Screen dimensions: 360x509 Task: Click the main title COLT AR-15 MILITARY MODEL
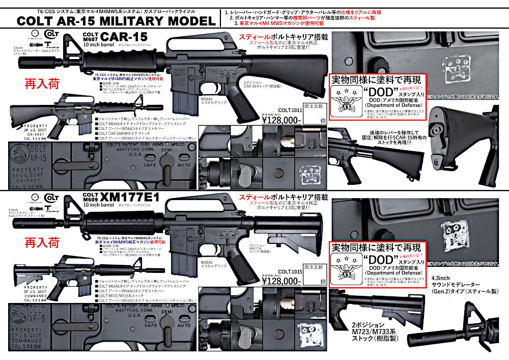116,21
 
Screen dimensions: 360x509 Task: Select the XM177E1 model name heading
131,197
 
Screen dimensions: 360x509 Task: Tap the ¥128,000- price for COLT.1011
281,120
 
